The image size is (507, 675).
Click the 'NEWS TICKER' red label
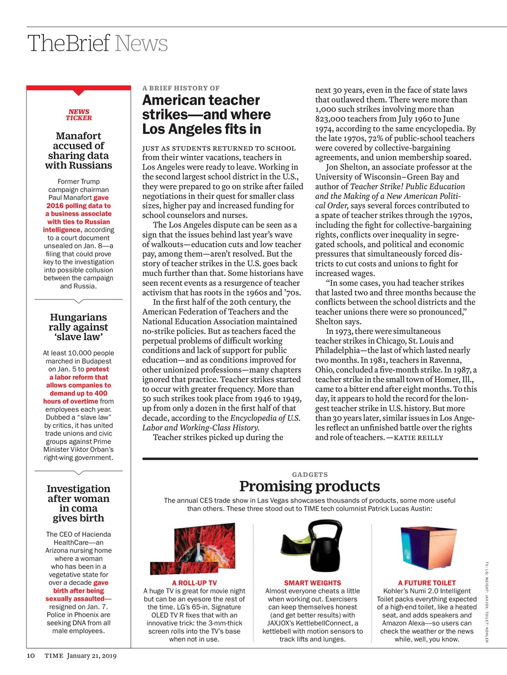79,115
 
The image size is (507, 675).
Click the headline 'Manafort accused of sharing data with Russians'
79,150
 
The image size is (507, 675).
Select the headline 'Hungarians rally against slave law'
78,327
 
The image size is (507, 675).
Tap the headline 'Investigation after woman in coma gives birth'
78,503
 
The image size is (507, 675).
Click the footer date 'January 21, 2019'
92,655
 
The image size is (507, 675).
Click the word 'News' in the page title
141,43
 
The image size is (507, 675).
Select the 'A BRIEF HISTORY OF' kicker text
181,88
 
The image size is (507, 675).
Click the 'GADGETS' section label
310,475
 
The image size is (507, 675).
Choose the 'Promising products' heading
310,486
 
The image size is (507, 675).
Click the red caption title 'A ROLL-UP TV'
194,583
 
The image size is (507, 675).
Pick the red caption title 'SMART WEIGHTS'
312,583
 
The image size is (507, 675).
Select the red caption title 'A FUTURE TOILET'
427,583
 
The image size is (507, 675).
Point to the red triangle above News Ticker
79,93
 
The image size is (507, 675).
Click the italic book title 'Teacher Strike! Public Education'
407,186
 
